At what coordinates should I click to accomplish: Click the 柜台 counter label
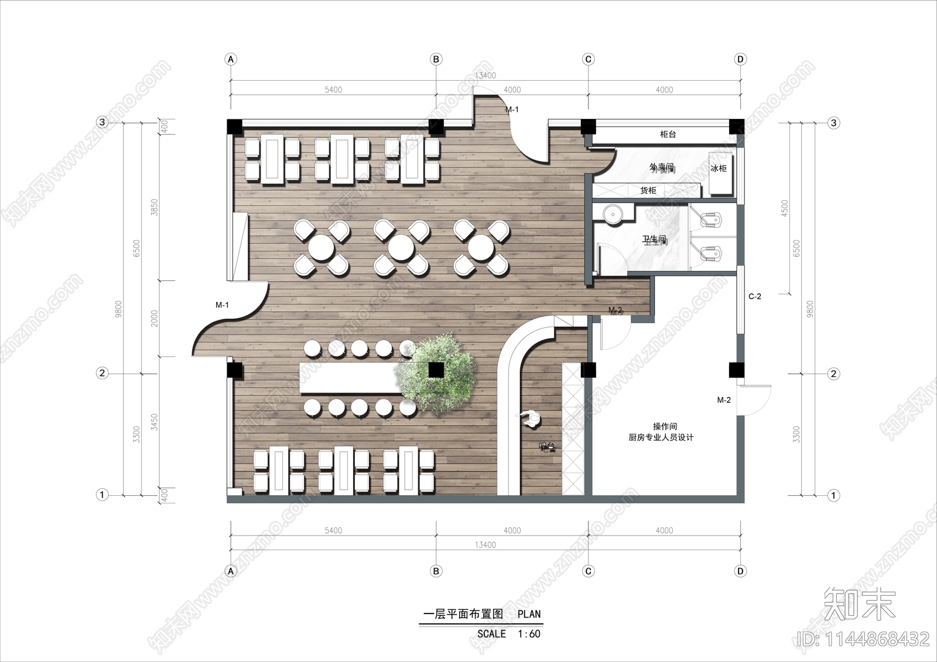point(668,134)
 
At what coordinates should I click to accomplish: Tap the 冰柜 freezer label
point(719,168)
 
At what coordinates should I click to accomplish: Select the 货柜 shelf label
point(648,190)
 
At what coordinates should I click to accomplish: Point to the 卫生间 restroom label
point(654,239)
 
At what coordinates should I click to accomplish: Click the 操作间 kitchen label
point(665,427)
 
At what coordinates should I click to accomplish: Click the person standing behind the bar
point(532,418)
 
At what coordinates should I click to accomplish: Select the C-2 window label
point(755,297)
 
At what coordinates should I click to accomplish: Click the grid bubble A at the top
point(231,59)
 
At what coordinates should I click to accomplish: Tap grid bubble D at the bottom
point(740,571)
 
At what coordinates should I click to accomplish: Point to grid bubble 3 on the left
point(102,122)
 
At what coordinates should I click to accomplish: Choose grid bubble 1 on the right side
point(833,495)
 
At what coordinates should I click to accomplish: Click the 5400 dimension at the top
point(333,90)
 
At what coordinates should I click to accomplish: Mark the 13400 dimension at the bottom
point(485,545)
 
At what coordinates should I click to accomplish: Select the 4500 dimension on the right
point(785,208)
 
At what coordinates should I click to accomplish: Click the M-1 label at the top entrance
point(512,109)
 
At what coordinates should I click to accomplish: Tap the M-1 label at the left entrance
point(222,305)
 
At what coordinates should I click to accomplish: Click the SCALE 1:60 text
point(508,634)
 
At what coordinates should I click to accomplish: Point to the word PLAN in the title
point(529,614)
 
